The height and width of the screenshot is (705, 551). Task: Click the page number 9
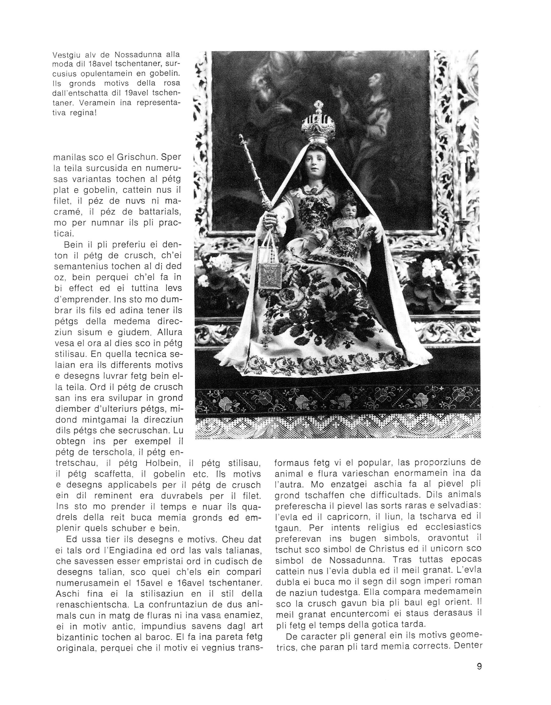point(479,666)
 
